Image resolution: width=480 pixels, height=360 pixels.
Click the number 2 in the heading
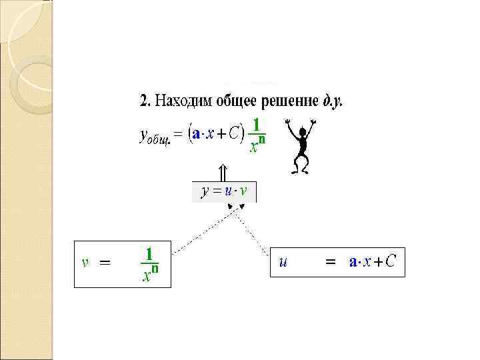point(143,101)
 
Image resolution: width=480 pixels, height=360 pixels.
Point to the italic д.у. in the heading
point(333,102)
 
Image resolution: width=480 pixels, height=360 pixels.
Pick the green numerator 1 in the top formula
point(257,125)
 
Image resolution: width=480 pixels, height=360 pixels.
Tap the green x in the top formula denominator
point(253,147)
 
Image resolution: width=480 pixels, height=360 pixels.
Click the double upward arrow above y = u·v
point(224,171)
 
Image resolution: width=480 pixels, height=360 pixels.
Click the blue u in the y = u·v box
point(228,192)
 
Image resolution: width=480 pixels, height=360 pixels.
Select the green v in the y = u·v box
point(244,192)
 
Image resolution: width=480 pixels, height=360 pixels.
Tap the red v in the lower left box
point(85,262)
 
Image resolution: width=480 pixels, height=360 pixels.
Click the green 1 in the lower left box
point(150,254)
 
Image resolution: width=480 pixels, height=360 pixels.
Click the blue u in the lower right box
point(283,262)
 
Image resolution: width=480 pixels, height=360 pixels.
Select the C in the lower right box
point(390,261)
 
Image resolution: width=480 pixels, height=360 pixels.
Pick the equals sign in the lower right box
point(329,263)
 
